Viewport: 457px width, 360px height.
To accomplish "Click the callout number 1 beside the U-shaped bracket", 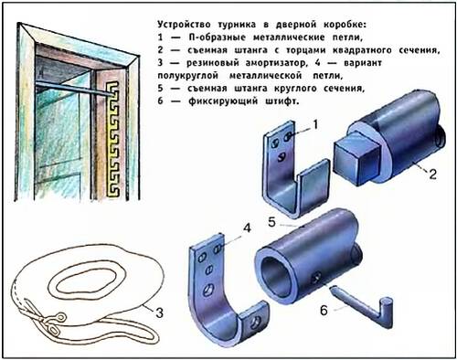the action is click(315, 124).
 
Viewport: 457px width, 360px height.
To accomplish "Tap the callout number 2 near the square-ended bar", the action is click(433, 175).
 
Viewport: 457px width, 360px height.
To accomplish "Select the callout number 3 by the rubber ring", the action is click(160, 312).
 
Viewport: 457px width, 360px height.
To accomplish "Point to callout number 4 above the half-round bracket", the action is click(247, 228).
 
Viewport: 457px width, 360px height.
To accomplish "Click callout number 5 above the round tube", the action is click(271, 222).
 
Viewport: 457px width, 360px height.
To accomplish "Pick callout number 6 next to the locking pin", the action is click(324, 311).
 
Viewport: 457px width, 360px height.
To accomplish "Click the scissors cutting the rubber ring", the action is click(46, 317).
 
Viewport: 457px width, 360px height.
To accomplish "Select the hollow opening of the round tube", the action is click(279, 277).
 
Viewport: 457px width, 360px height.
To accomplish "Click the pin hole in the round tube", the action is click(316, 278).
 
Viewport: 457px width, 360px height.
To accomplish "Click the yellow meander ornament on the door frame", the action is click(112, 139).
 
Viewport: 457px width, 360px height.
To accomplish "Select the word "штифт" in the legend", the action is click(282, 101).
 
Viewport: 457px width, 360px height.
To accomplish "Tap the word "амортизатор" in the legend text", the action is click(275, 63).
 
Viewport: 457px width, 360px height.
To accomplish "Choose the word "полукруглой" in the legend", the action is click(188, 76).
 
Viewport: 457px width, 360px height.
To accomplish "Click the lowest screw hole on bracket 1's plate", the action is click(282, 156).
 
